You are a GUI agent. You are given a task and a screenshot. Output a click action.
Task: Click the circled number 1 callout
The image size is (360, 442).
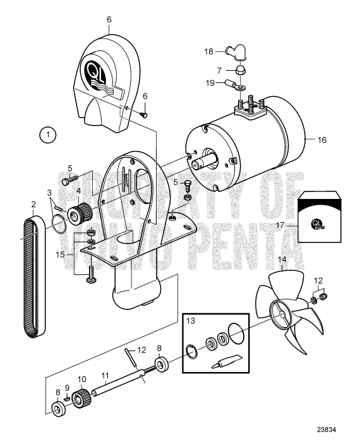pos(47,134)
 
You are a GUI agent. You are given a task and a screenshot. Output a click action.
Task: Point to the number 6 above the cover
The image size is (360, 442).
pos(109,20)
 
